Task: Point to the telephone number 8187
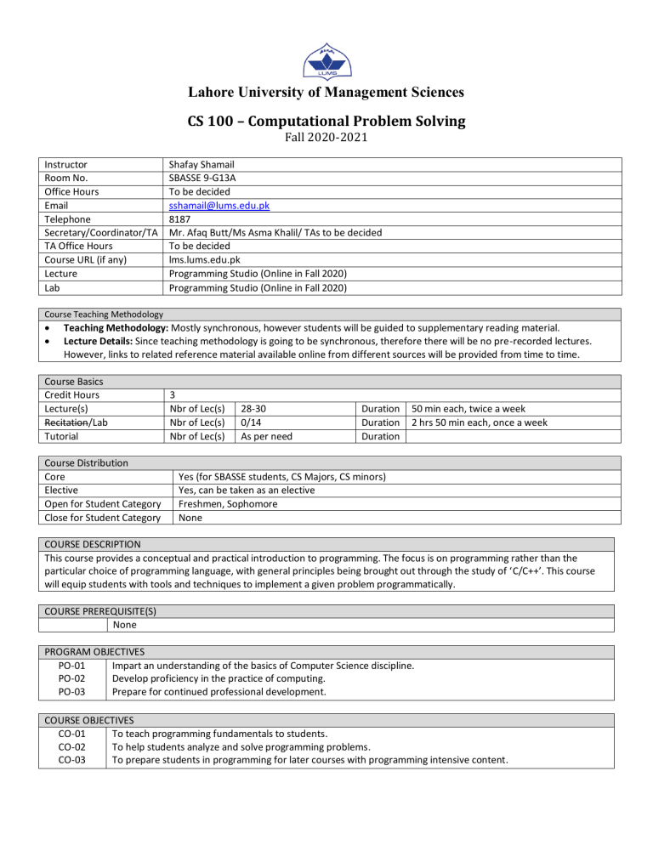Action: (181, 218)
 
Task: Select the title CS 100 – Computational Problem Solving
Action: (326, 121)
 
